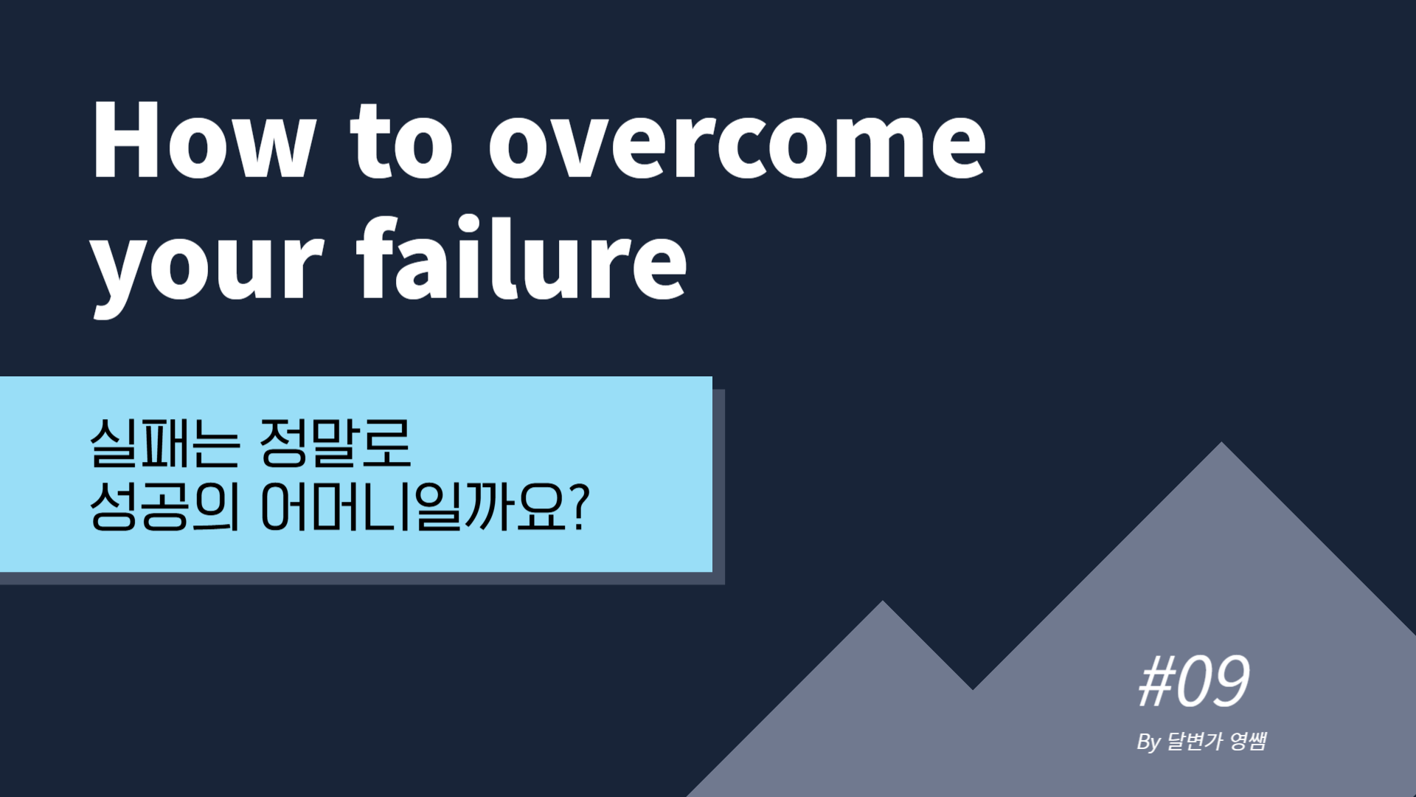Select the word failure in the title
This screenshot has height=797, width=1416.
click(521, 258)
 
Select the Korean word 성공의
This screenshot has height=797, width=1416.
click(165, 507)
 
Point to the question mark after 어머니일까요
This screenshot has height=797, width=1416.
click(580, 507)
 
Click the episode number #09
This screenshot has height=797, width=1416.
click(1194, 681)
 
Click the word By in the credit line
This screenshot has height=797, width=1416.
click(1149, 742)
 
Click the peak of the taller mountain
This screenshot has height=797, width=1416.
click(1221, 443)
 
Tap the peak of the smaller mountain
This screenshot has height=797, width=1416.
click(883, 602)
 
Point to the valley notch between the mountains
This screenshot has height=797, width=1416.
click(973, 689)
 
